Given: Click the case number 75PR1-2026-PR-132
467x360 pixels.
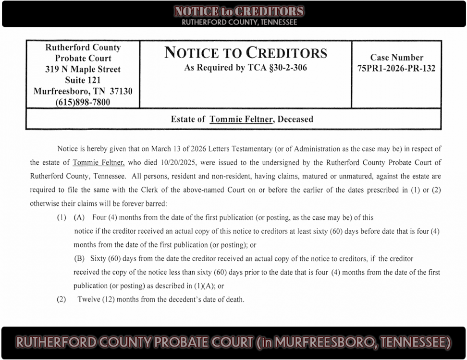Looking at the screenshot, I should [396, 69].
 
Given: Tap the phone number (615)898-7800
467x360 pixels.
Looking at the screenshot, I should [83, 102].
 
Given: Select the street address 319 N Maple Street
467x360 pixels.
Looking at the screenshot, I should [83, 69].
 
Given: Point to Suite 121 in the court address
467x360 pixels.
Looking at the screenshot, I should [83, 80].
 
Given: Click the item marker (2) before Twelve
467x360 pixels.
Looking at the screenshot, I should [61, 300].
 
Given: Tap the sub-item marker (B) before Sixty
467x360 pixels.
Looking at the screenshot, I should [80, 259].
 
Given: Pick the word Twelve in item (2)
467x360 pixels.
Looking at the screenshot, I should [89, 300].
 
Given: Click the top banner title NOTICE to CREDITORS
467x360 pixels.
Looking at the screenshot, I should [239, 12].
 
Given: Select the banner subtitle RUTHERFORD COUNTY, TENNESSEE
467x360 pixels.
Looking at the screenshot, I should [239, 22].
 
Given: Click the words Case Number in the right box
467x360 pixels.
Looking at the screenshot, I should [396, 58].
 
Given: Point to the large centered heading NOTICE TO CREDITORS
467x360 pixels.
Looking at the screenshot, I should [246, 53].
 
